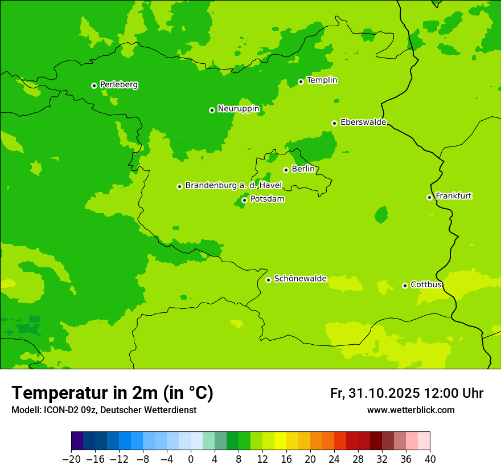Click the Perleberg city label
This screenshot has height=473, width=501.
pyautogui.click(x=118, y=85)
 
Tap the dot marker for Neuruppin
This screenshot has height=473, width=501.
pyautogui.click(x=212, y=110)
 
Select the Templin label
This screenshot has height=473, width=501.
pyautogui.click(x=322, y=80)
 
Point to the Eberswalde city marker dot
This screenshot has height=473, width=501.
pyautogui.click(x=335, y=123)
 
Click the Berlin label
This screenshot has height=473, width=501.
pyautogui.click(x=303, y=169)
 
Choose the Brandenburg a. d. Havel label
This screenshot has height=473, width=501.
pyautogui.click(x=233, y=186)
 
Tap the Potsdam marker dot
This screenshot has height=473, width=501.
pyautogui.click(x=244, y=200)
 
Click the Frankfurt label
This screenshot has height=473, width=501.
pyautogui.click(x=453, y=196)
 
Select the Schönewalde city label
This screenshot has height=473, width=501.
pyautogui.click(x=300, y=279)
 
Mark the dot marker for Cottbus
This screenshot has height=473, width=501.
pyautogui.click(x=405, y=286)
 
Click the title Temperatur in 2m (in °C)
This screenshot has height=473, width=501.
pyautogui.click(x=112, y=393)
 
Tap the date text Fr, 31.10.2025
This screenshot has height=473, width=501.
pyautogui.click(x=375, y=394)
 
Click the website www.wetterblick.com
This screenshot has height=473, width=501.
pyautogui.click(x=410, y=410)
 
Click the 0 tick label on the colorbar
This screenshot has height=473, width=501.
pyautogui.click(x=191, y=459)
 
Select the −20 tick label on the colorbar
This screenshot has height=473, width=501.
pyautogui.click(x=71, y=459)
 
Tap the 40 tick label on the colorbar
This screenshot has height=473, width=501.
pyautogui.click(x=430, y=459)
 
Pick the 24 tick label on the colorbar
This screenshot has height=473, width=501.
pyautogui.click(x=334, y=459)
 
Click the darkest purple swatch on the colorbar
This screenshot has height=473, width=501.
pyautogui.click(x=77, y=441)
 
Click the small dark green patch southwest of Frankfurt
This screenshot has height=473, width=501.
pyautogui.click(x=381, y=215)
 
